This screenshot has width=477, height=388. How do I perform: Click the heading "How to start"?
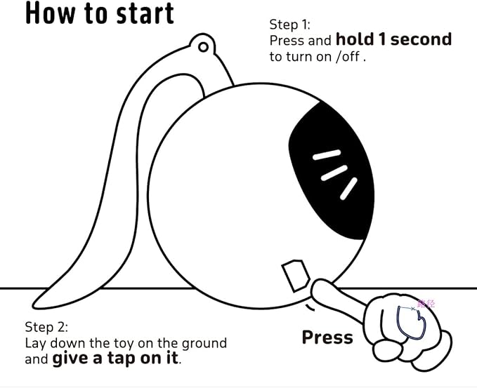pos(100,13)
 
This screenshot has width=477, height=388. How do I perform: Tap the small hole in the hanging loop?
pos(203,47)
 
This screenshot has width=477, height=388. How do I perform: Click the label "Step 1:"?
pos(289,25)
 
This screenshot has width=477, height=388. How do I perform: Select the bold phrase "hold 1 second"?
pos(393,39)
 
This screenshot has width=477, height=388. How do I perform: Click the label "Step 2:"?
pos(46,327)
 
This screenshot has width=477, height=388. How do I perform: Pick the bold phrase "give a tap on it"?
pos(115,358)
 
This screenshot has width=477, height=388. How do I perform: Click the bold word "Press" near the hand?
pos(327,337)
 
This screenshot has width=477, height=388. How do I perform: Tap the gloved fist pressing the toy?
pos(407,332)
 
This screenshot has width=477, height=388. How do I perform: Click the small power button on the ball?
pos(295,276)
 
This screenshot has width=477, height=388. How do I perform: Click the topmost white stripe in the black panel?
pos(327,154)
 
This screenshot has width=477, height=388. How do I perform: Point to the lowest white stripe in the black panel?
pos(348,189)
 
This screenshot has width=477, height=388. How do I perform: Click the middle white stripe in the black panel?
pos(334,173)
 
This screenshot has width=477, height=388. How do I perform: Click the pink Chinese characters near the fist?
pos(426,304)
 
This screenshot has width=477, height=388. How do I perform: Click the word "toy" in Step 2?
pos(124,344)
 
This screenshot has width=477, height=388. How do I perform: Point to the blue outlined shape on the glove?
pos(411,323)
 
